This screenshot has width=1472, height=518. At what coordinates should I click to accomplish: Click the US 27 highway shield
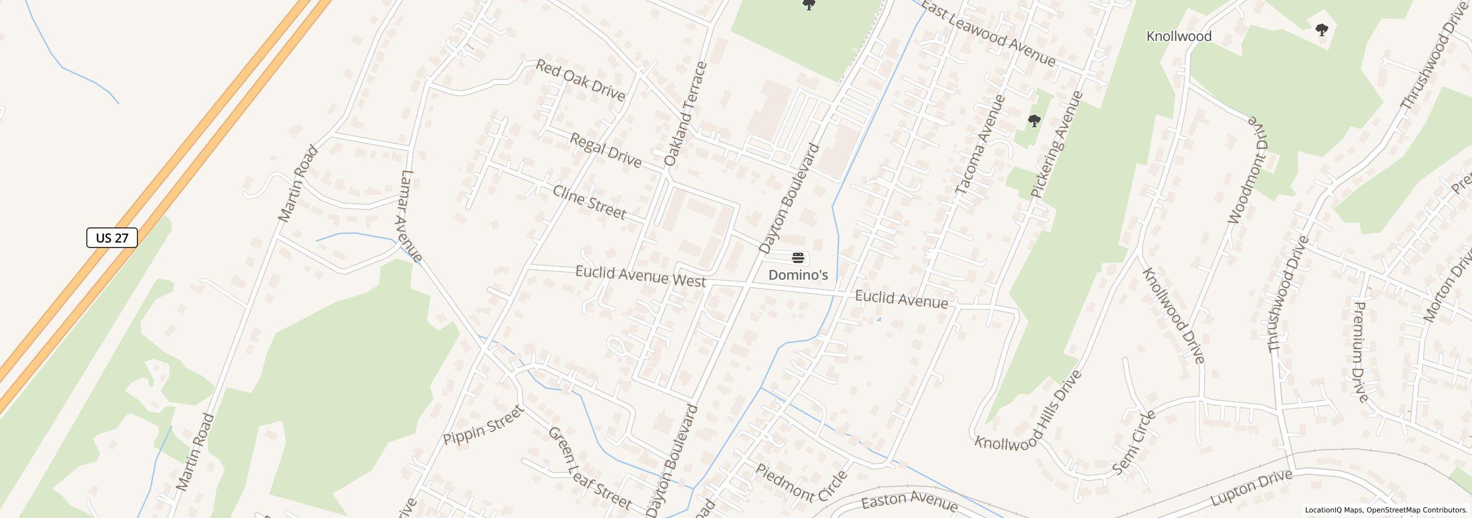112,238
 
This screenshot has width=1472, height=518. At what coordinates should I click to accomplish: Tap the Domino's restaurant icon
798,257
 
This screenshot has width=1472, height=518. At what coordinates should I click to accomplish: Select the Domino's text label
798,275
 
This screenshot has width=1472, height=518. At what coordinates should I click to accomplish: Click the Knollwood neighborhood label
1179,36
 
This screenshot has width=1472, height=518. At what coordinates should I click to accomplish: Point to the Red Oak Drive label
580,80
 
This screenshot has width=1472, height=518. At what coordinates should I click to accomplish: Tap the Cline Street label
589,202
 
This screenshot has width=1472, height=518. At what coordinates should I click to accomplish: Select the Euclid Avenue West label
640,276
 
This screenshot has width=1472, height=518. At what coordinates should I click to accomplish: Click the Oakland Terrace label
684,114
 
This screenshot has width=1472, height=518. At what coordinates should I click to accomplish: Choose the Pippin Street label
484,425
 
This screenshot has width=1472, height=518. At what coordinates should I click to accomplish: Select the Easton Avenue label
909,501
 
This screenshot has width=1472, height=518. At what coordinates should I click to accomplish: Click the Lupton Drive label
1251,488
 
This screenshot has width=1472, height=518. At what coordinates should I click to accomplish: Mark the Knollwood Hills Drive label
1029,409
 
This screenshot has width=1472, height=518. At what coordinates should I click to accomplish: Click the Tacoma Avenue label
980,144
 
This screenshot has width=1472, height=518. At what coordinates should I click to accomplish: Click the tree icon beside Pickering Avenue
1034,121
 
